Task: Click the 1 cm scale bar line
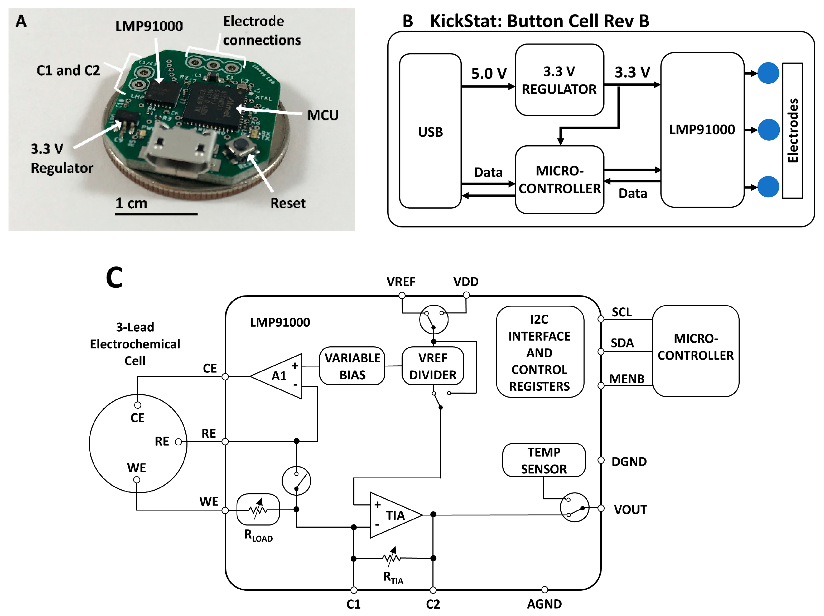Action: click(x=156, y=214)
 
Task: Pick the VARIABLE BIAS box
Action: click(x=352, y=366)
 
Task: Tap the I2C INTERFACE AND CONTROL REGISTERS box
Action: click(x=539, y=352)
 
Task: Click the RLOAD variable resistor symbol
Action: click(x=258, y=509)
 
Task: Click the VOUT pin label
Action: click(x=630, y=509)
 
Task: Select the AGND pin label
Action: click(x=544, y=604)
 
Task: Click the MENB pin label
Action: click(x=627, y=379)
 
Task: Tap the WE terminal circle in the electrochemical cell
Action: click(x=137, y=480)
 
